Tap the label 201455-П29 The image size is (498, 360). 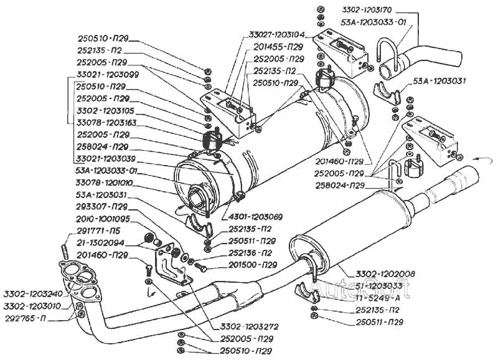pos(279,47)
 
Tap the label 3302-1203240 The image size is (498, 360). pos(32,294)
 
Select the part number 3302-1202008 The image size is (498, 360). pos(382,273)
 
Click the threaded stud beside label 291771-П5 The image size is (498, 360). pos(64,253)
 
